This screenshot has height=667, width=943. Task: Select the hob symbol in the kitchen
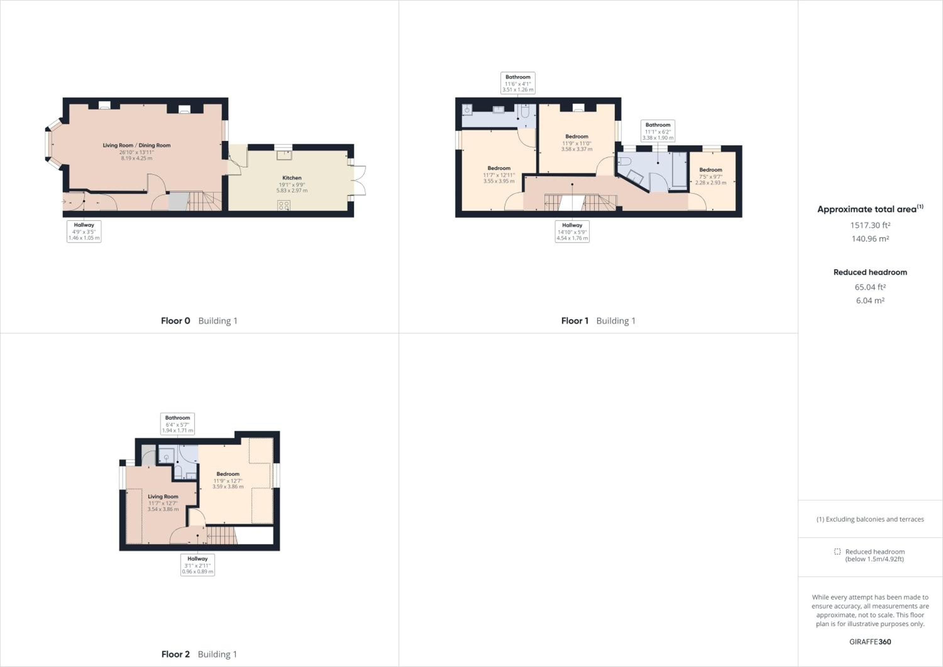coord(284,205)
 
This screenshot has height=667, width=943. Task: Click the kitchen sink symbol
coord(284,155)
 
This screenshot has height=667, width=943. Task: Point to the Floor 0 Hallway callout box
coord(84,231)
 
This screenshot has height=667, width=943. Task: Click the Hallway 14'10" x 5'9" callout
coord(572,231)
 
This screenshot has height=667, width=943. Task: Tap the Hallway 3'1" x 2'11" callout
coord(197,565)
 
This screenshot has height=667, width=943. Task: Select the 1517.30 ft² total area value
coord(870,225)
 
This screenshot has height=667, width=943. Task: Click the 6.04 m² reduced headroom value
coord(870,300)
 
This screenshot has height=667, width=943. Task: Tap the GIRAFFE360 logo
coord(870,642)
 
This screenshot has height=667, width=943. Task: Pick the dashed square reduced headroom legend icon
coord(837,552)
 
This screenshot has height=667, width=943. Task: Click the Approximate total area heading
coord(870,209)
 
